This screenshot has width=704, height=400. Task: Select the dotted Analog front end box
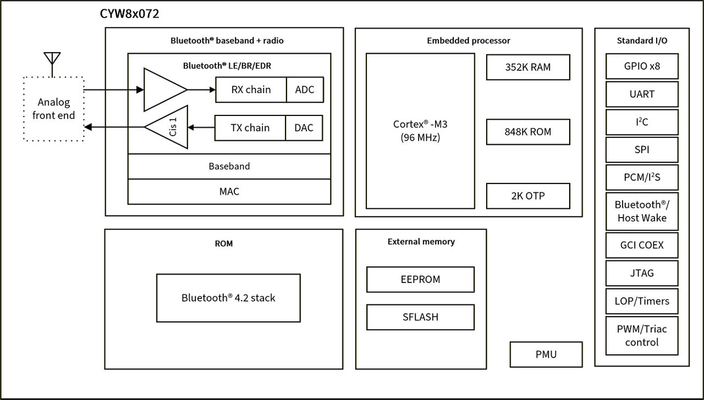(53, 109)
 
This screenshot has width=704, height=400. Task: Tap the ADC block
(305, 90)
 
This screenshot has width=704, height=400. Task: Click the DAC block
(304, 128)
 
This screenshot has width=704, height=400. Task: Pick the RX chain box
(251, 90)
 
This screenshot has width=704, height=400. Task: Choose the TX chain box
(250, 128)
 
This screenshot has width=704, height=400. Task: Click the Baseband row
(229, 166)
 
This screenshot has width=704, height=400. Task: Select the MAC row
(229, 192)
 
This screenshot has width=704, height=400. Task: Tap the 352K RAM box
(528, 67)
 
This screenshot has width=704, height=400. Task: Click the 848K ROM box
(528, 132)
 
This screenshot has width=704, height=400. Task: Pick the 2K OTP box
(528, 196)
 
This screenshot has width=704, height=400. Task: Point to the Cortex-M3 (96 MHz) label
(420, 131)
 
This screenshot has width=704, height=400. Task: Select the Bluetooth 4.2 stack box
(228, 298)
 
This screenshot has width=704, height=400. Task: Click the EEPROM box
(420, 279)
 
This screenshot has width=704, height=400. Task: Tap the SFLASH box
(420, 317)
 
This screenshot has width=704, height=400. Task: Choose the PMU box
(546, 354)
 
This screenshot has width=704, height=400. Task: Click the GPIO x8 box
(642, 66)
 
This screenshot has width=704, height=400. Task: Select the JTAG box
(642, 273)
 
